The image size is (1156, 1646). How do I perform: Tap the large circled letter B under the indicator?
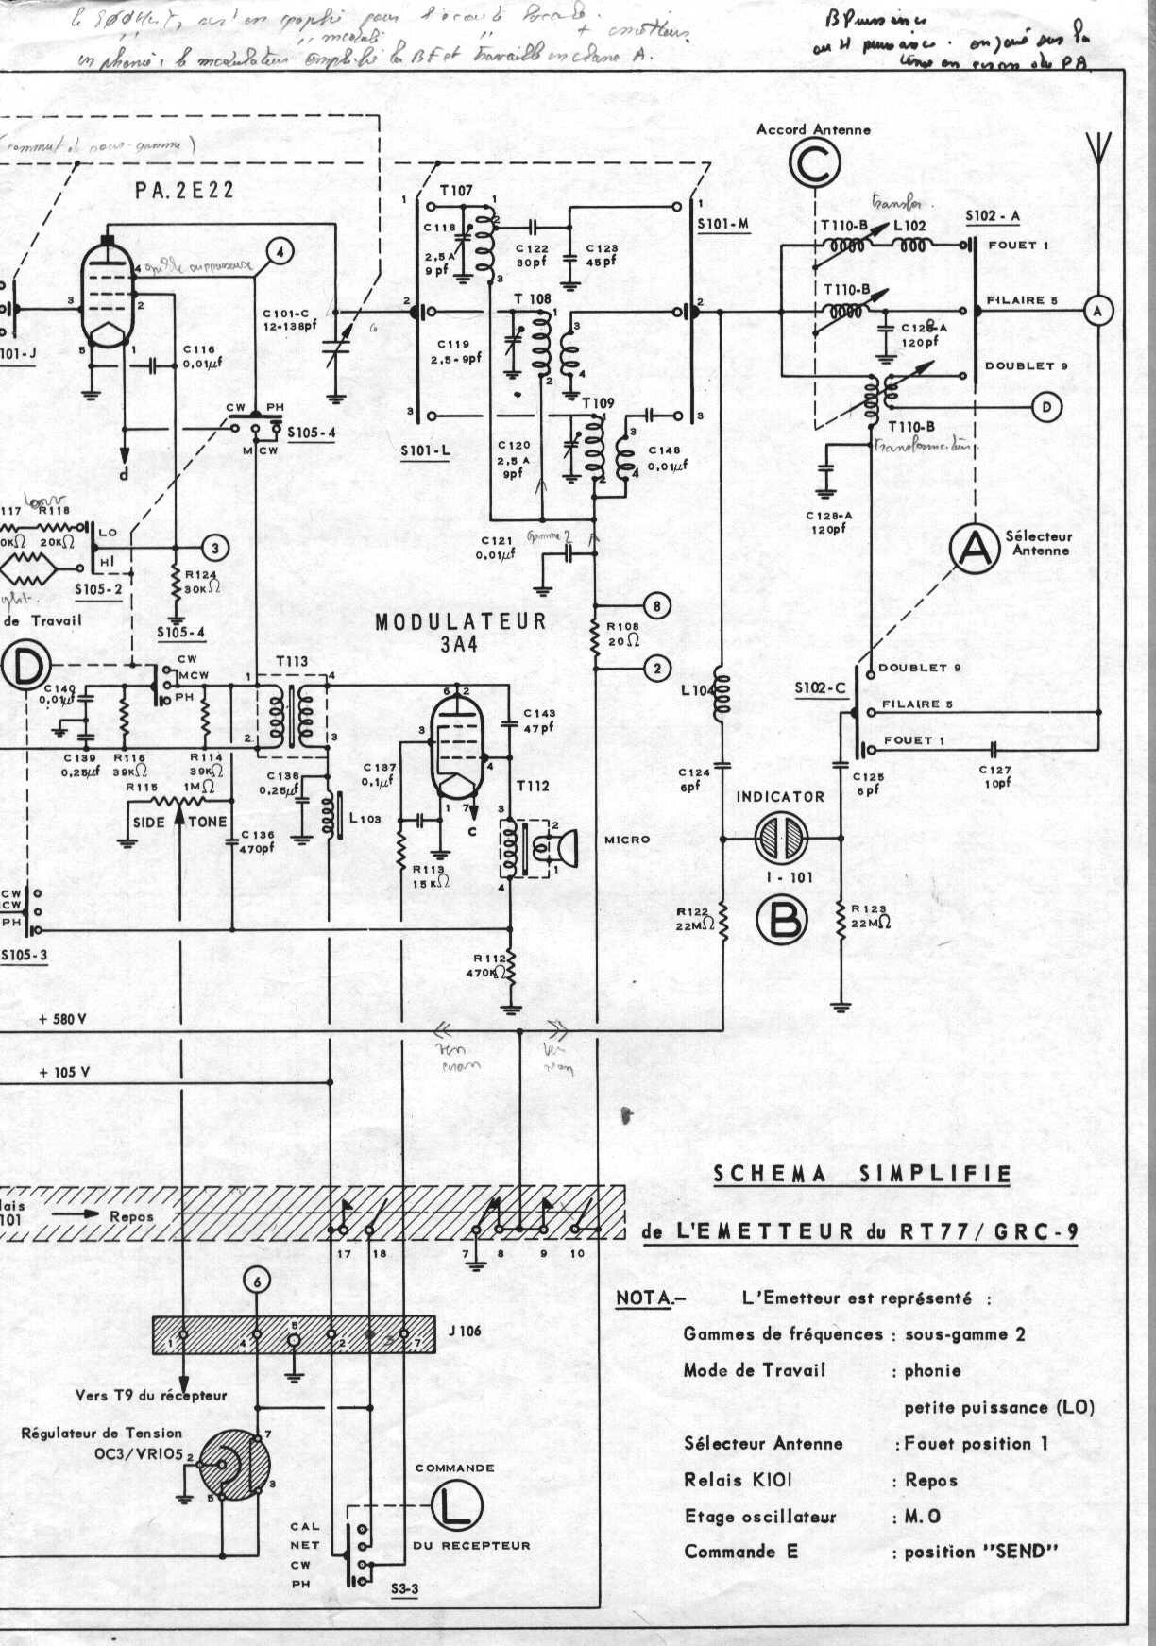click(x=782, y=920)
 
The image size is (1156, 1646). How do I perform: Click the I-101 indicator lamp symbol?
click(x=781, y=838)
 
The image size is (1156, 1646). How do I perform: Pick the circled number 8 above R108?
click(x=656, y=605)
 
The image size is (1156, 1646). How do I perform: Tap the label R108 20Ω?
click(x=622, y=633)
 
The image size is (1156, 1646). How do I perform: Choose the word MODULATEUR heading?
click(x=461, y=621)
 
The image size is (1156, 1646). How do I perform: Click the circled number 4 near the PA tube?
click(x=279, y=251)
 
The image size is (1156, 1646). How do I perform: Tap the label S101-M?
click(x=722, y=225)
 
